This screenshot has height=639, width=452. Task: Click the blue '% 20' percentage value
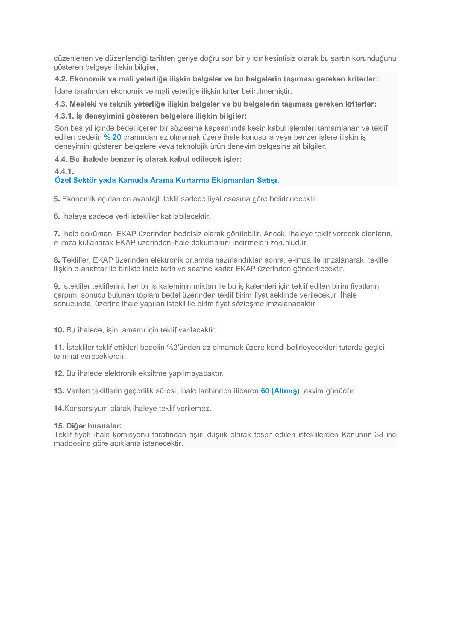click(112, 137)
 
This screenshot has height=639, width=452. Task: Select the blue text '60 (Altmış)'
click(280, 391)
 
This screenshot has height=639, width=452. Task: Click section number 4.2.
click(61, 79)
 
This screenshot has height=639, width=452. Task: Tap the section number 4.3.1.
click(64, 116)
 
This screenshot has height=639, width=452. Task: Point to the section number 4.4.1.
click(64, 171)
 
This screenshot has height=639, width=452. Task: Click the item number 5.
click(57, 199)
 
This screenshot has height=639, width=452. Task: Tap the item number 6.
click(57, 216)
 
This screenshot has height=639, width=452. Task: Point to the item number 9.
click(57, 286)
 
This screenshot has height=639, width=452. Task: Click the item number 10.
click(59, 330)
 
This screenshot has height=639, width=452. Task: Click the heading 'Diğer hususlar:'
click(94, 426)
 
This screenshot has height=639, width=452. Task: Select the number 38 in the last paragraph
click(379, 435)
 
